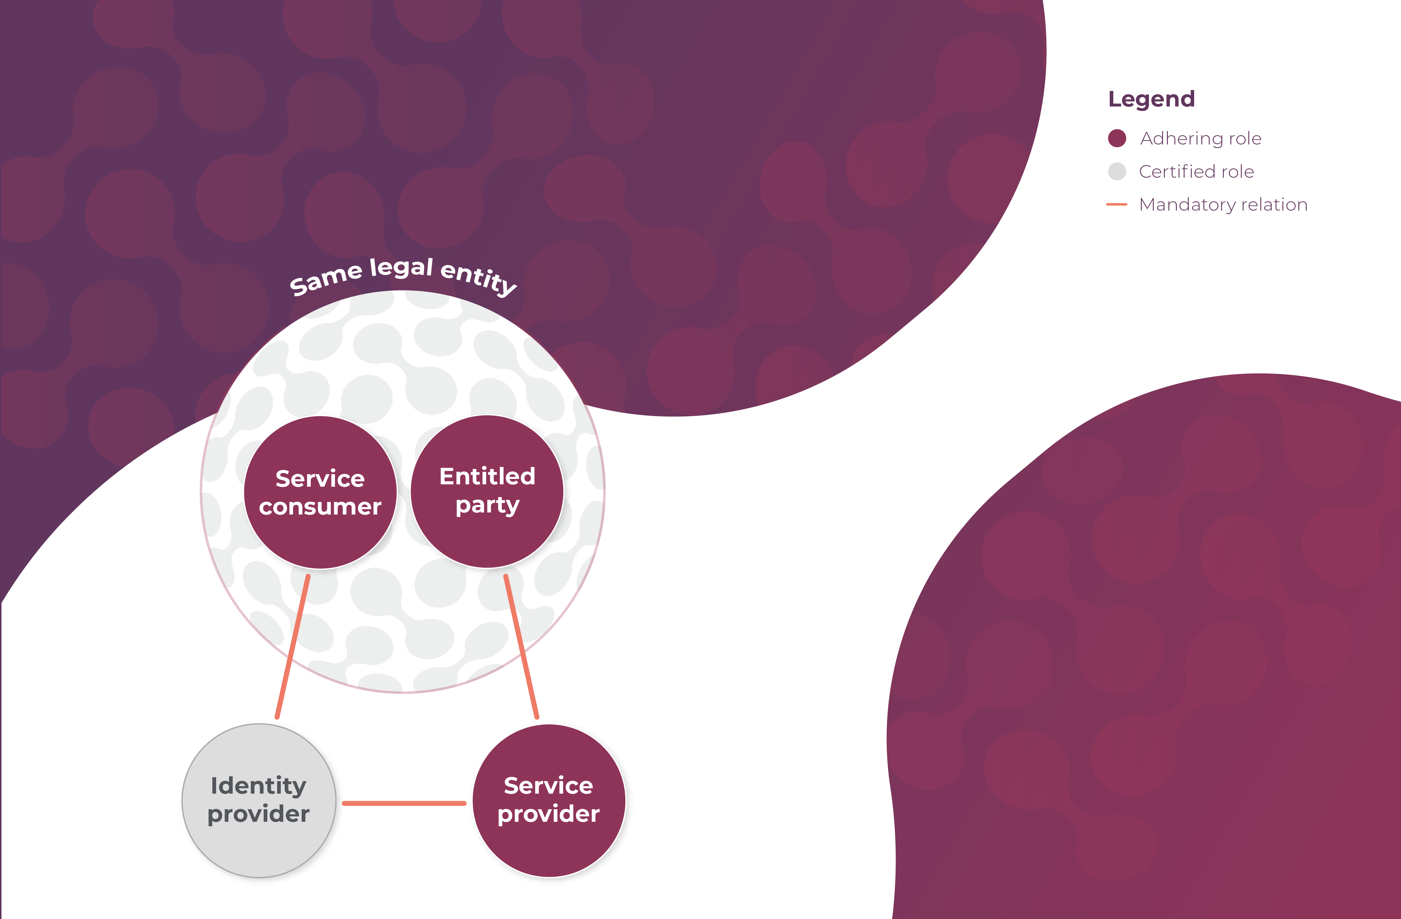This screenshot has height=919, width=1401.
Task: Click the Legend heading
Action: [1151, 99]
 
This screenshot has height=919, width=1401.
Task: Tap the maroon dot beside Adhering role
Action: [1117, 138]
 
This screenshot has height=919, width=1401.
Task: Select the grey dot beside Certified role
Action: [1117, 171]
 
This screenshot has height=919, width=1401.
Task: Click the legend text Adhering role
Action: [1201, 138]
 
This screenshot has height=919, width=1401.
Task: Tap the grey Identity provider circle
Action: [259, 847]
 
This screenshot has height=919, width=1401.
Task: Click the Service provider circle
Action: [549, 847]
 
